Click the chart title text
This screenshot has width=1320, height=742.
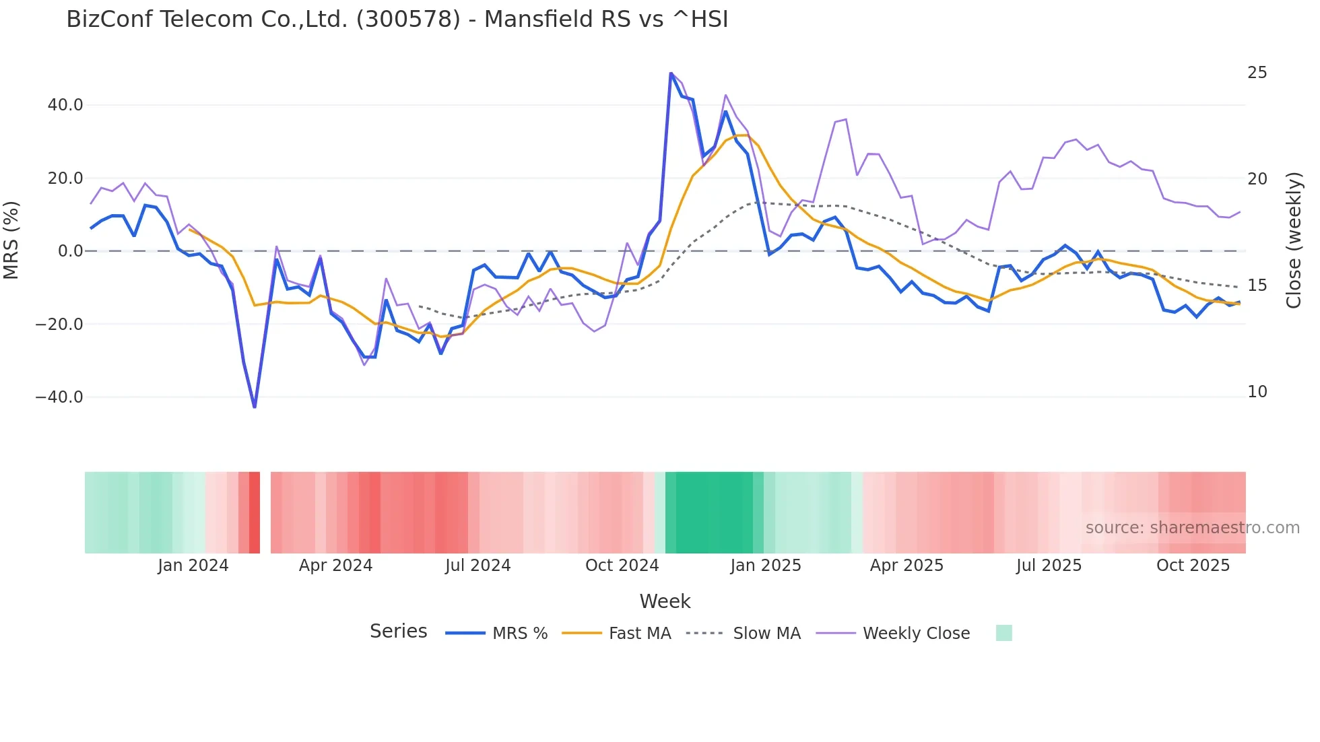pos(397,20)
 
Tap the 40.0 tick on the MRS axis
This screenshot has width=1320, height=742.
pos(65,105)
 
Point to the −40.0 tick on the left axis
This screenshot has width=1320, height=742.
pos(59,397)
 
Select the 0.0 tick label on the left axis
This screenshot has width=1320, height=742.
pos(71,251)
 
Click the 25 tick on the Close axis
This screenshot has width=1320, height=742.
pos(1257,73)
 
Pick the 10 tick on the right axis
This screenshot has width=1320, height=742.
pos(1257,392)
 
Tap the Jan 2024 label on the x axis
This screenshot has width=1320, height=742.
pos(193,566)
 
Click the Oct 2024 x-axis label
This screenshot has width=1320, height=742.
pos(622,566)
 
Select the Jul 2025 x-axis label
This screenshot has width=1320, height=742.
pos(1049,566)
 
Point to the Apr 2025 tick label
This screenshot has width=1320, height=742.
pos(906,566)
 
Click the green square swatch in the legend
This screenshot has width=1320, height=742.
pos(1003,633)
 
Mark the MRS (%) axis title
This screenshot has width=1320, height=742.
pos(11,240)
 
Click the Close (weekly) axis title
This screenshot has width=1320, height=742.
pos(1294,240)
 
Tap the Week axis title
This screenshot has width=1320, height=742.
pos(665,601)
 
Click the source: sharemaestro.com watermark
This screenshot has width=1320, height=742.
pos(1192,528)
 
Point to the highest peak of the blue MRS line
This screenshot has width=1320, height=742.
pos(671,73)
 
